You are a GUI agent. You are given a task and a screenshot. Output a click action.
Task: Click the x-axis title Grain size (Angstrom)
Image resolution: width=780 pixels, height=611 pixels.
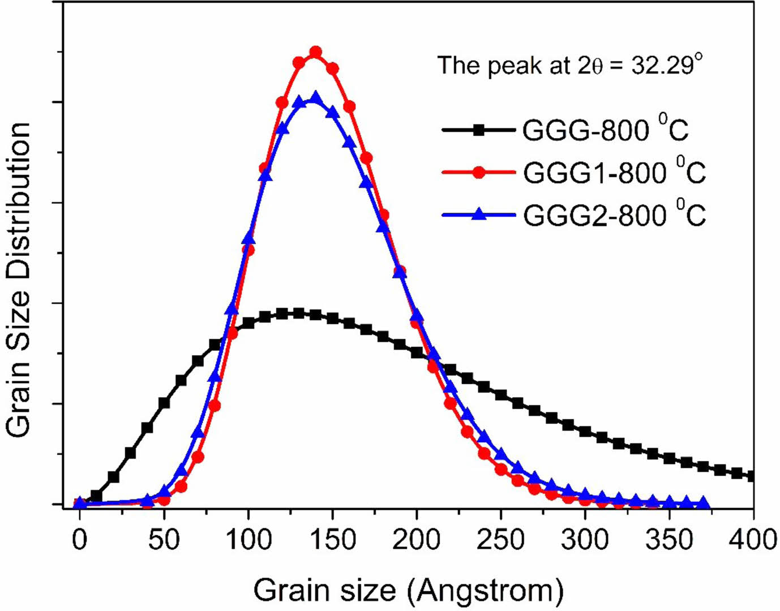click(408, 590)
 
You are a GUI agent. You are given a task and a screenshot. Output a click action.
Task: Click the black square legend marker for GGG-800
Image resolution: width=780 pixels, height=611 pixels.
click(479, 131)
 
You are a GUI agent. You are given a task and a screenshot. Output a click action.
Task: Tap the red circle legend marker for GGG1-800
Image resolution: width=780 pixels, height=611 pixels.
click(479, 173)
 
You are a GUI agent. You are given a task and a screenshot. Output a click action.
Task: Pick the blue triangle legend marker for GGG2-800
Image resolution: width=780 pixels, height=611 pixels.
click(479, 214)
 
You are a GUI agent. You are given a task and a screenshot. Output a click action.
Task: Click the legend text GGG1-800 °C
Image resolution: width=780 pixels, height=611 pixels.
click(614, 171)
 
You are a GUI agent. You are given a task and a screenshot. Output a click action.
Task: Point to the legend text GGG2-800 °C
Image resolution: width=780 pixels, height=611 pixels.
click(614, 214)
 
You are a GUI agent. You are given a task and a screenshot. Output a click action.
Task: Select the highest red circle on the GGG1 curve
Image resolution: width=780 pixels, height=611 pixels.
click(316, 53)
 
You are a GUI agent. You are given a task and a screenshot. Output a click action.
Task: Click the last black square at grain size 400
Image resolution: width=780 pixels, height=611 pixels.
click(752, 476)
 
